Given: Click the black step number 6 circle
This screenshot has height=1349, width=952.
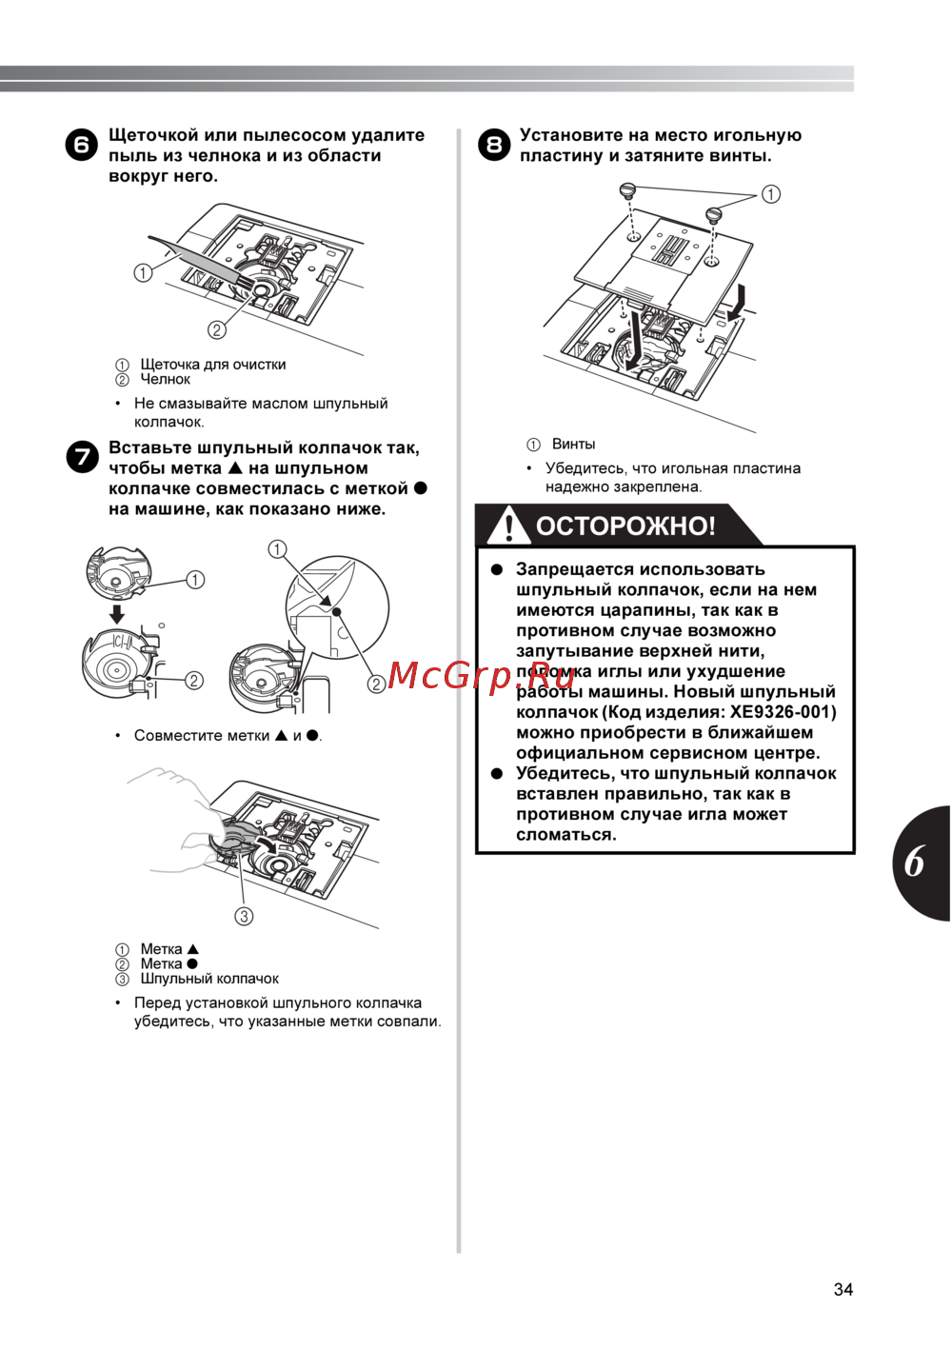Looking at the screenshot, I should pyautogui.click(x=82, y=145).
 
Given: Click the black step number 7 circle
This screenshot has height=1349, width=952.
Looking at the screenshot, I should pyautogui.click(x=82, y=457).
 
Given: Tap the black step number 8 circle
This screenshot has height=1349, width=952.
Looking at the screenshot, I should pyautogui.click(x=493, y=145).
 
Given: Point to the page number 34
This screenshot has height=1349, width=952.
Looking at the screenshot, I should pyautogui.click(x=843, y=1289).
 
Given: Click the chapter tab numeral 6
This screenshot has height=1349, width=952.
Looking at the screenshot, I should pyautogui.click(x=915, y=862).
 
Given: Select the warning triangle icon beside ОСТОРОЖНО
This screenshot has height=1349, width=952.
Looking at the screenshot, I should pyautogui.click(x=510, y=525).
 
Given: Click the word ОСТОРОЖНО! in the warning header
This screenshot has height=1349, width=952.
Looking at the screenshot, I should pyautogui.click(x=625, y=526).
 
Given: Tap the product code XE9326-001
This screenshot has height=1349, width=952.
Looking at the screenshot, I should pyautogui.click(x=783, y=712).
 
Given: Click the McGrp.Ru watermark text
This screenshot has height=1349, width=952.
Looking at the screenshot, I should pyautogui.click(x=482, y=675).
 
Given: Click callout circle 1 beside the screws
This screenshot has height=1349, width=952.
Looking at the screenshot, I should pyautogui.click(x=771, y=194).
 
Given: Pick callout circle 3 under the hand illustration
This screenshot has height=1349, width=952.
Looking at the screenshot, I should pyautogui.click(x=245, y=916).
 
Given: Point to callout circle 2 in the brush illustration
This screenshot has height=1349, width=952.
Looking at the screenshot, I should pyautogui.click(x=217, y=330).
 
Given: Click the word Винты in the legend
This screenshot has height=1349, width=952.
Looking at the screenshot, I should pyautogui.click(x=573, y=444).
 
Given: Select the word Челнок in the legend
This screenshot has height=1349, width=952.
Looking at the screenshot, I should pyautogui.click(x=165, y=379).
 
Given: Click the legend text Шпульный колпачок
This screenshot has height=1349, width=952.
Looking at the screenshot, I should pyautogui.click(x=209, y=979).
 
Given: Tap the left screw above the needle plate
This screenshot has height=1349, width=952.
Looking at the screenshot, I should pyautogui.click(x=627, y=190).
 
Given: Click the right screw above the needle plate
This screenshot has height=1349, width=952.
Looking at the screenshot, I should pyautogui.click(x=714, y=214).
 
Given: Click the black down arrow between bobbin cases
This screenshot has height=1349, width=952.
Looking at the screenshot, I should pyautogui.click(x=116, y=612).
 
